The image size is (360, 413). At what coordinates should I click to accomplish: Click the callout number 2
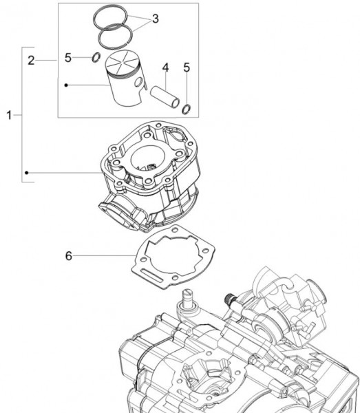click(x=31, y=61)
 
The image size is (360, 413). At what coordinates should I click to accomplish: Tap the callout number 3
click(x=155, y=19)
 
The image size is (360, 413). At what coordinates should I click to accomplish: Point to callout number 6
click(x=69, y=256)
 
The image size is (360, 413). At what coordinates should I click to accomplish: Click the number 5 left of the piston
click(x=68, y=58)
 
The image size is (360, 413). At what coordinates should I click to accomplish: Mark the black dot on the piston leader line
click(x=66, y=85)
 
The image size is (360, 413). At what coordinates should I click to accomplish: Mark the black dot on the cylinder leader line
click(x=27, y=172)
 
